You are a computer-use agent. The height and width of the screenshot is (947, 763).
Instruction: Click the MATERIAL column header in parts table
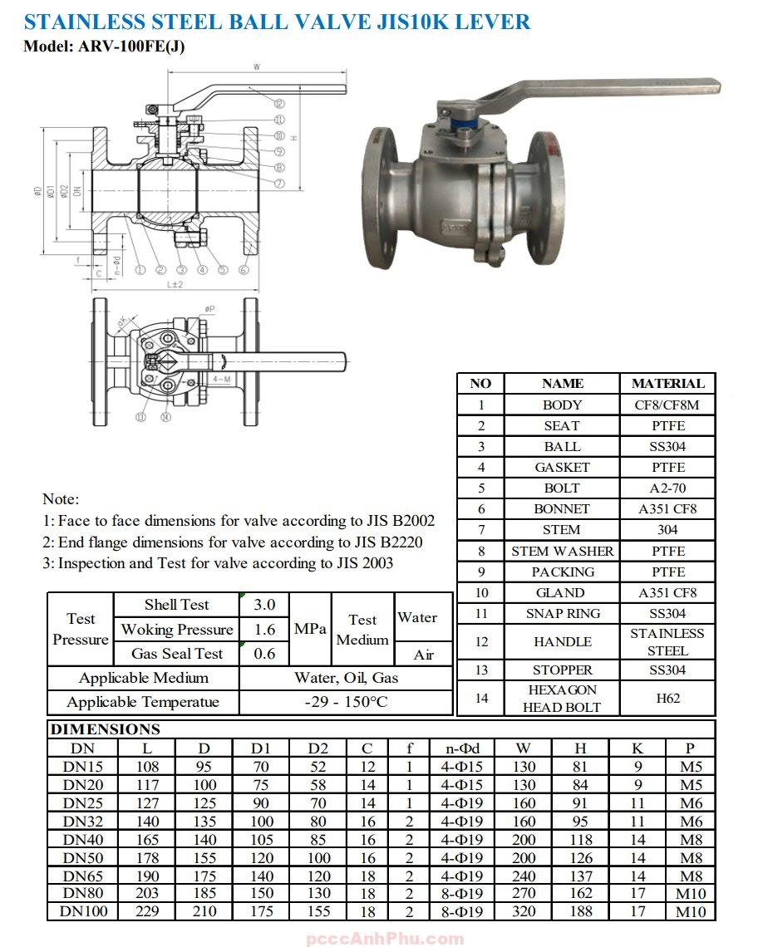click(x=667, y=383)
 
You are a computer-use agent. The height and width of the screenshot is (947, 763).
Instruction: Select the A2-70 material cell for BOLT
click(x=667, y=488)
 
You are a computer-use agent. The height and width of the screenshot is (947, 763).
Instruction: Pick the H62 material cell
click(x=667, y=698)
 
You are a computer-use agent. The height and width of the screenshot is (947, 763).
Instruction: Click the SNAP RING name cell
click(x=562, y=613)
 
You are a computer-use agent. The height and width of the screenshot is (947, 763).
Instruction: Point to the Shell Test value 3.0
click(x=264, y=604)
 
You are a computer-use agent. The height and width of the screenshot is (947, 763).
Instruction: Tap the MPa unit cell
click(x=310, y=629)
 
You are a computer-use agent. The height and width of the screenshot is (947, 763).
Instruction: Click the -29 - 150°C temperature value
click(x=346, y=702)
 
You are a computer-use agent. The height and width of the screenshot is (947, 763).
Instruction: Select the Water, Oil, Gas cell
click(x=346, y=677)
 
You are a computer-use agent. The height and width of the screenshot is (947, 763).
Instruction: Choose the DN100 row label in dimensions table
click(x=83, y=911)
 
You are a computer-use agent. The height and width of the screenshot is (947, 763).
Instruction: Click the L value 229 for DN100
click(x=146, y=911)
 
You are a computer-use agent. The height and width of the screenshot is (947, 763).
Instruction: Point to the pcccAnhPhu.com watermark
click(x=386, y=939)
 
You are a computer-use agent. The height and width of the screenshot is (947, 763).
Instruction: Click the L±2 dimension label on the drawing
click(x=175, y=284)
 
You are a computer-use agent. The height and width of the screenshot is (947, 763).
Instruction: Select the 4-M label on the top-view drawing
click(x=222, y=378)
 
